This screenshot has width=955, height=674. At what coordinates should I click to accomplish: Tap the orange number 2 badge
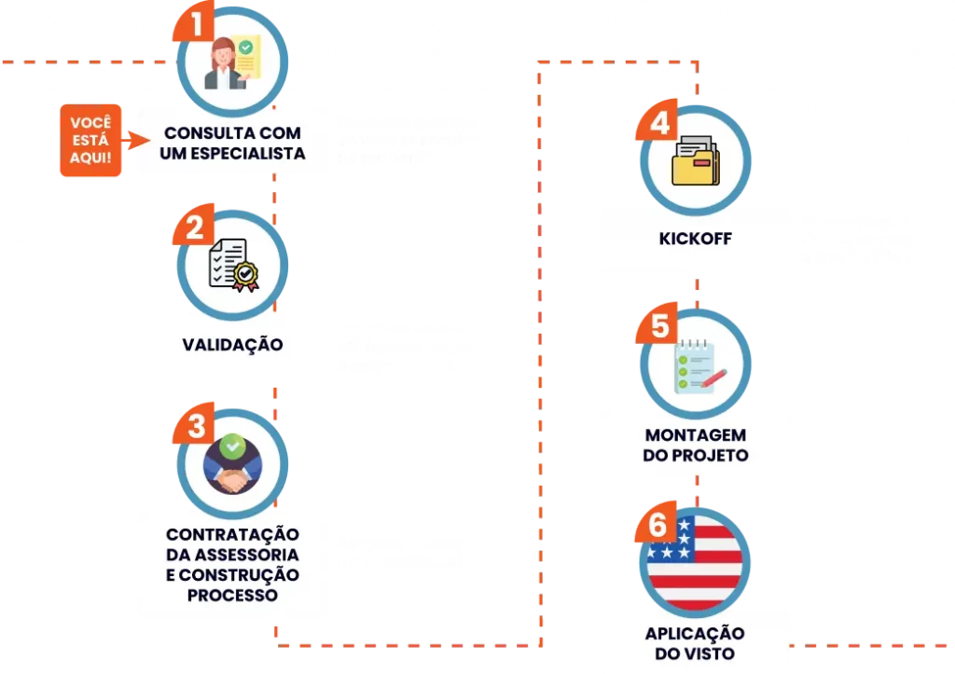pos(195,227)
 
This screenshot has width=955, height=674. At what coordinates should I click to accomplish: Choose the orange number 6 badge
pos(657,526)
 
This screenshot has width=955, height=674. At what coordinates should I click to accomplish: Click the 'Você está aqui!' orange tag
pos(90,142)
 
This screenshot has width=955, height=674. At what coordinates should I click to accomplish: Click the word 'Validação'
pos(232,344)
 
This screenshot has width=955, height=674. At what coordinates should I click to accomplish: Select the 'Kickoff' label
pos(695,239)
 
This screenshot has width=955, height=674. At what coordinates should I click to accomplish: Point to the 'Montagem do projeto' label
pos(696,446)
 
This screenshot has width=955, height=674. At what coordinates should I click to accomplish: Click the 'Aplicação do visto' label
pos(695,643)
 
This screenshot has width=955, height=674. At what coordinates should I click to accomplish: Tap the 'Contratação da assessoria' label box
pos(232,564)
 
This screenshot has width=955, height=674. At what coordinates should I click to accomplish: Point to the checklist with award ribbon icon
pos(231,265)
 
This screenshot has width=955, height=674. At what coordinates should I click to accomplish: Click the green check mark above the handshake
pos(234,447)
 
